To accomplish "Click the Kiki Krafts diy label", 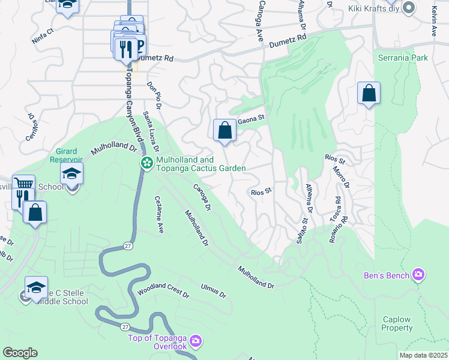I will pyautogui.click(x=374, y=8).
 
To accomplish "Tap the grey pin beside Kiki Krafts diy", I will pyautogui.click(x=409, y=8).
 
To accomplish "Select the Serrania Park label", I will pyautogui.click(x=403, y=58).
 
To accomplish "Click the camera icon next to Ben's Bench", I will pyautogui.click(x=418, y=275).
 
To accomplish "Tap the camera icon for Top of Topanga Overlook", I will pyautogui.click(x=196, y=342).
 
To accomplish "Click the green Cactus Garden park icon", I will pyautogui.click(x=146, y=163).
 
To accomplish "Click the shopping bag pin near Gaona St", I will pyautogui.click(x=224, y=130).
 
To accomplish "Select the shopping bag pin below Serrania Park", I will pyautogui.click(x=369, y=94).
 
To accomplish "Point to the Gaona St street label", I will pyautogui.click(x=252, y=119).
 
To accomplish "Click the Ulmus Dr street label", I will pyautogui.click(x=214, y=291).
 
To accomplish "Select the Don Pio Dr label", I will pyautogui.click(x=154, y=95).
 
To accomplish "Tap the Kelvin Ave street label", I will pyautogui.click(x=433, y=21).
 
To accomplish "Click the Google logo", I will pyautogui.click(x=20, y=352).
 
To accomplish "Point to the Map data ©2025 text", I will pyautogui.click(x=423, y=355).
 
